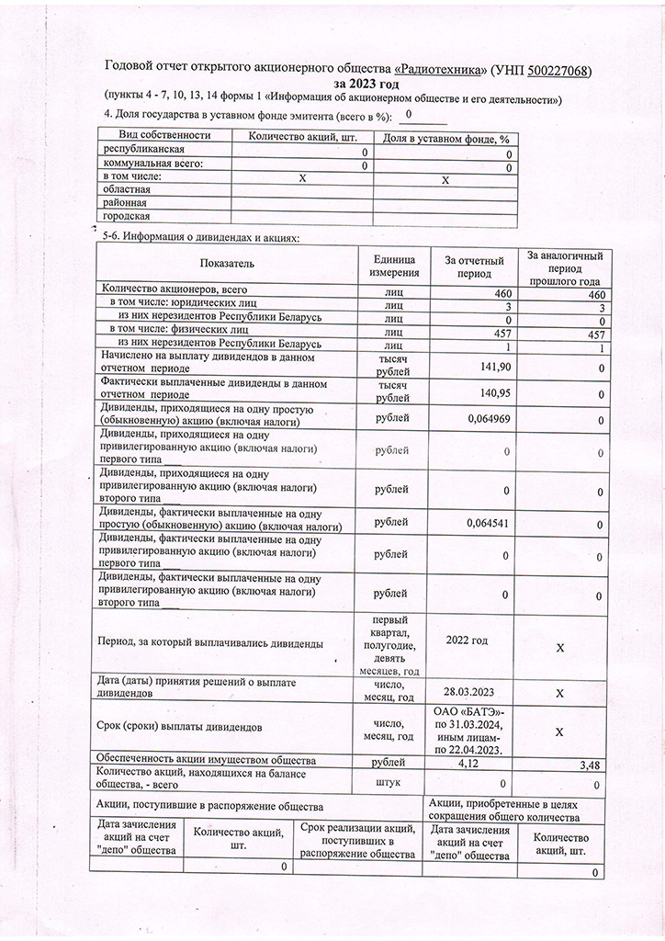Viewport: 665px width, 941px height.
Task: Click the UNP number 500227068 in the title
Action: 549,70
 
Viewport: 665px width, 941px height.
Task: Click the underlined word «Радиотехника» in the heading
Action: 441,70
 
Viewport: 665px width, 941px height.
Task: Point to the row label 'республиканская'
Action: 145,150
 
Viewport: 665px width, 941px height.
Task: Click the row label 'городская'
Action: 128,216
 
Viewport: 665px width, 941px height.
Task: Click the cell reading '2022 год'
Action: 467,639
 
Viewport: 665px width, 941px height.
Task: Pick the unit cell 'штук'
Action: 393,783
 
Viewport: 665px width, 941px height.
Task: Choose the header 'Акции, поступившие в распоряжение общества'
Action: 210,805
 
